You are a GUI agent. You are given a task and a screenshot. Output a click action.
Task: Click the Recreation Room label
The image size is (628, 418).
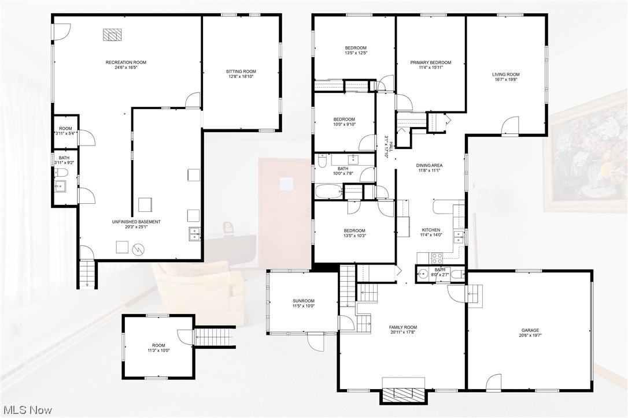[x=125, y=62]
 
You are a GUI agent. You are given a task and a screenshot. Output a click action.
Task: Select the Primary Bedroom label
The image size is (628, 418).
[x=430, y=62]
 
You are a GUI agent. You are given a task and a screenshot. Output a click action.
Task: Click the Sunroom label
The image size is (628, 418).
[x=303, y=301]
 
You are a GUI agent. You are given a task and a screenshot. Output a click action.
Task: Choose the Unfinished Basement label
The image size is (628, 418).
[x=136, y=222]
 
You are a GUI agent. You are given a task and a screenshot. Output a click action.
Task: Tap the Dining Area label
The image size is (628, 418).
[x=429, y=166]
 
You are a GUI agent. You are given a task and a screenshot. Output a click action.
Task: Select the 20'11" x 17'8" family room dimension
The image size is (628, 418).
[x=402, y=333]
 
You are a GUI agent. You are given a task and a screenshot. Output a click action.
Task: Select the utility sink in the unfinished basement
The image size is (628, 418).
[x=194, y=233]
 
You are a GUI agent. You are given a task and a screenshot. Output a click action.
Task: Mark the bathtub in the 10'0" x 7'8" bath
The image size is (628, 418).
[x=328, y=192]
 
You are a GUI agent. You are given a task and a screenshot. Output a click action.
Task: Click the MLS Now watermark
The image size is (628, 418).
[x=28, y=410]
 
